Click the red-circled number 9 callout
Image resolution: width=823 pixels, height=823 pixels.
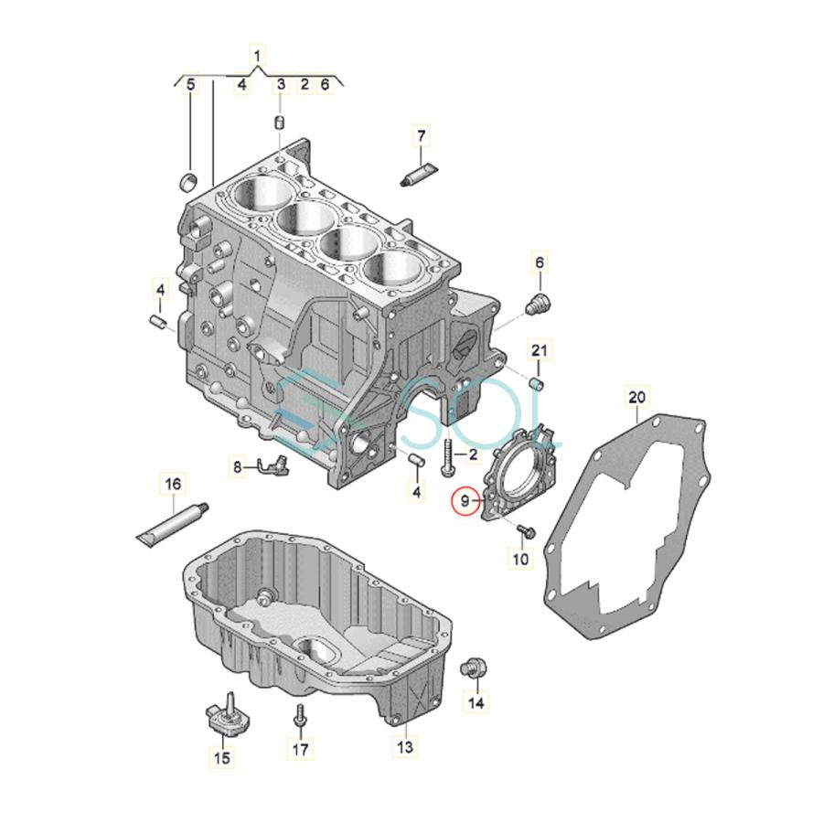click(x=466, y=501)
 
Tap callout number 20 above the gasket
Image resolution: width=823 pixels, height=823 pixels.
click(x=636, y=396)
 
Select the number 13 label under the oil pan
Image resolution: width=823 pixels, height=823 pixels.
click(x=405, y=747)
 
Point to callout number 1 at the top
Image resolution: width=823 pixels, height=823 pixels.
click(x=258, y=57)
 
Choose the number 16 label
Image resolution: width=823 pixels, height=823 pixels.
click(x=172, y=483)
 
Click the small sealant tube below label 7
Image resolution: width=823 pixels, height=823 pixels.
click(x=419, y=171)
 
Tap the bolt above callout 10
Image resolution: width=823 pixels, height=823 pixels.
click(x=526, y=529)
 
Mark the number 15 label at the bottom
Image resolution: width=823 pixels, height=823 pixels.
click(x=222, y=757)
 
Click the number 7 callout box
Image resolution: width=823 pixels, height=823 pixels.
click(x=422, y=136)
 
